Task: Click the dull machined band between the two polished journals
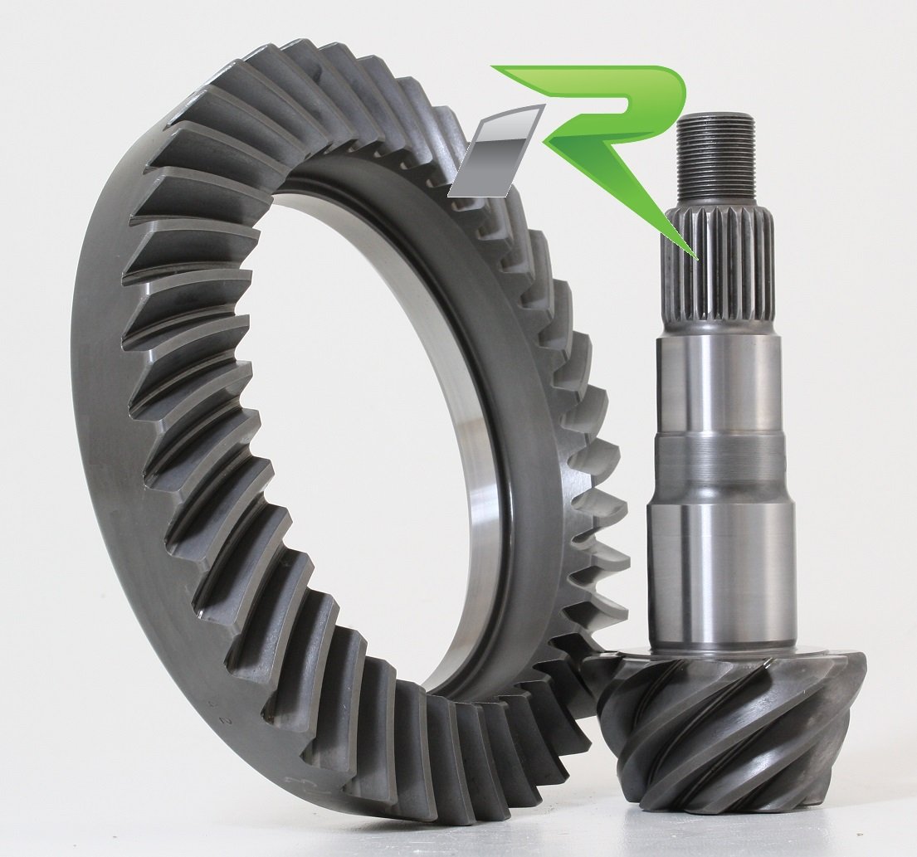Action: (719, 465)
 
